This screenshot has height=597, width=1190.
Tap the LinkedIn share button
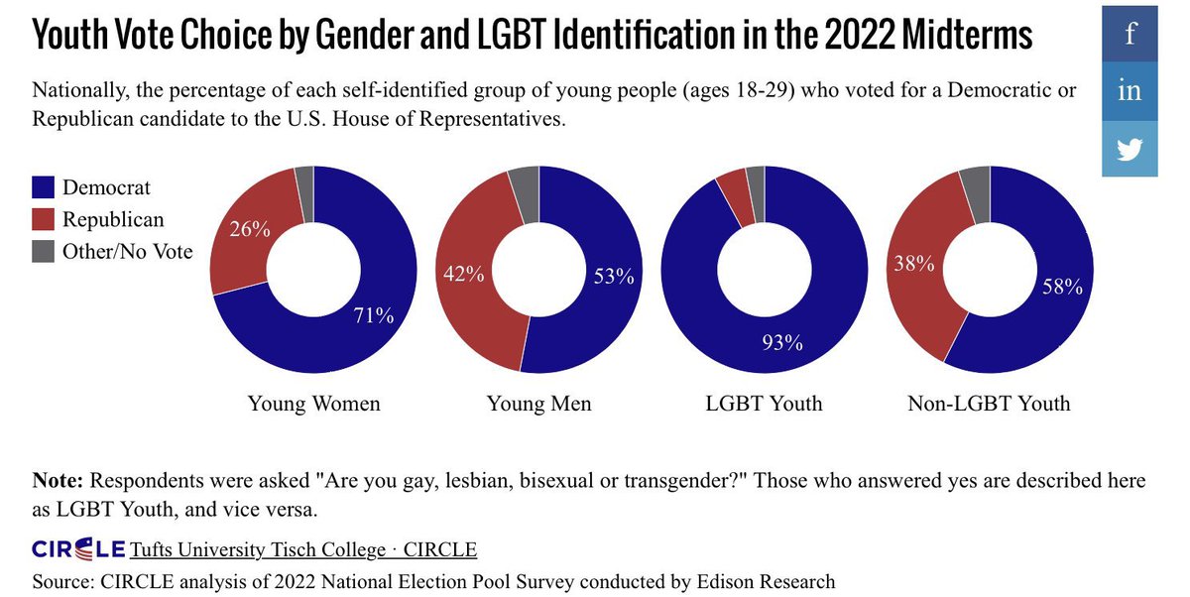tap(1130, 91)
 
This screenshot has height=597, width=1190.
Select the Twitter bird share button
tap(1130, 149)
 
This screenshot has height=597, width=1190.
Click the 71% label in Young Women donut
tap(374, 316)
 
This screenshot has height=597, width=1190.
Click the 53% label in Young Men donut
tap(612, 277)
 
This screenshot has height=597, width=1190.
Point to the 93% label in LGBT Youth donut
tap(782, 344)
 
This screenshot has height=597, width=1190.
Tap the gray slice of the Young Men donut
tap(524, 181)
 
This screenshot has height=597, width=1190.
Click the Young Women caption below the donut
tap(314, 404)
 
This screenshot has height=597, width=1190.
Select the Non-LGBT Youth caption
tap(989, 404)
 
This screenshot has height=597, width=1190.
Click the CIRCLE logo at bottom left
tap(78, 548)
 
